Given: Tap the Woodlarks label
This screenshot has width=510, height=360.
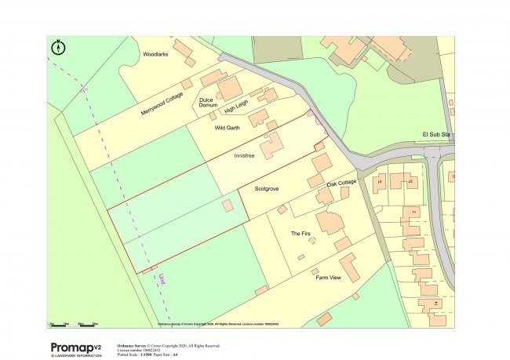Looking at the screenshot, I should (x=156, y=55).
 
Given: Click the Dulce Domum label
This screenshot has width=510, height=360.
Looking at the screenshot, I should (x=207, y=102).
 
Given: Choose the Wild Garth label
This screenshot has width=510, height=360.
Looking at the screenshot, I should (x=227, y=126).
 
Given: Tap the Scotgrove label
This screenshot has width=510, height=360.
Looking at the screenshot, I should (x=267, y=189).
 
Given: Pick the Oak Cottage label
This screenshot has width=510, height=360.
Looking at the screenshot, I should (x=342, y=182).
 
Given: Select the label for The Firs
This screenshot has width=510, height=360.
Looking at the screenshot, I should (x=301, y=234).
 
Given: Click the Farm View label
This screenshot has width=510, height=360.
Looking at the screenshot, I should (x=328, y=278).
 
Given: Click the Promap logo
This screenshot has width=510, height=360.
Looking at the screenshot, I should (x=76, y=348).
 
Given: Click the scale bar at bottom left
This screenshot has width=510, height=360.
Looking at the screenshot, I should (x=73, y=323).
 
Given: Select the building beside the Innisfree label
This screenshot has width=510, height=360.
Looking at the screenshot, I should (x=272, y=146).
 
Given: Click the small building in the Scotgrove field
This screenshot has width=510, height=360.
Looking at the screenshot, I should (x=228, y=205).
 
